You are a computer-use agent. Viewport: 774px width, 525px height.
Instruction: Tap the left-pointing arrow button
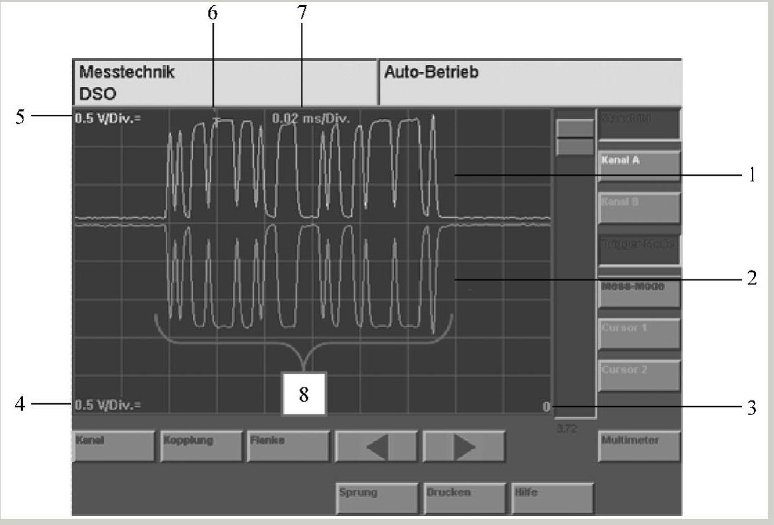click(376, 446)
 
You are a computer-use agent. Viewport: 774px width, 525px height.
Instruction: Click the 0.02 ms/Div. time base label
click(311, 118)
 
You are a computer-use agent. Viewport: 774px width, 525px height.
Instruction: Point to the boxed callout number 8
click(304, 394)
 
